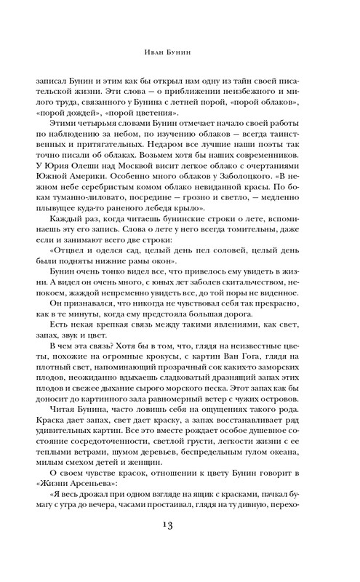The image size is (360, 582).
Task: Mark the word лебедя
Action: coord(183,218)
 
